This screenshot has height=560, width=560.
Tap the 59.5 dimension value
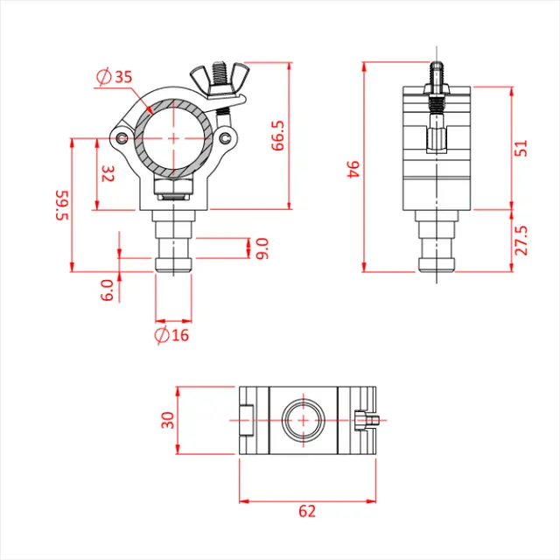pos(61,205)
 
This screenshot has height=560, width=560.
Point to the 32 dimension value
pos(108,173)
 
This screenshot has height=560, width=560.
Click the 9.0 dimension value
pos(262,248)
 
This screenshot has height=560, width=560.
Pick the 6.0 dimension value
pos(107,290)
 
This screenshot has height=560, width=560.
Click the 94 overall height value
pos(353,168)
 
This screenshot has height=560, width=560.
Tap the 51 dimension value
pos(522,147)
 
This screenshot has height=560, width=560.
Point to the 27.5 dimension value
pos(522,240)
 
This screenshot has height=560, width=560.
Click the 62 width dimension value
pos(305,512)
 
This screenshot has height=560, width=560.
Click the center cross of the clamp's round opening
pos(174,137)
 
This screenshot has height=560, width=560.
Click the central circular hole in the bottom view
pos(304,420)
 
